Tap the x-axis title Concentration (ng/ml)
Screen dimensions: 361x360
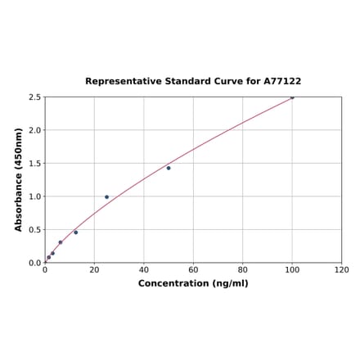pos(193,283)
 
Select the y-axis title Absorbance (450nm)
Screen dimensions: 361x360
pos(19,179)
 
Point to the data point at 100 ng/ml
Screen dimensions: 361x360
pos(292,97)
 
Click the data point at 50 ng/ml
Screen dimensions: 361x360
pos(169,168)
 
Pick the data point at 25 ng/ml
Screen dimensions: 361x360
pos(106,196)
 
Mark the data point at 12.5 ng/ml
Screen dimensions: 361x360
pos(76,232)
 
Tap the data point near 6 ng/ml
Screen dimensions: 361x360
pos(61,242)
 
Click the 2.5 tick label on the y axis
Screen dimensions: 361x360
pos(34,97)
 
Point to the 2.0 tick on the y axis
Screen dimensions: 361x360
pos(34,130)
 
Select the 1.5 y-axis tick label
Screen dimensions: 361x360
pos(34,164)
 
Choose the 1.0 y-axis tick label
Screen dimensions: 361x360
pos(34,196)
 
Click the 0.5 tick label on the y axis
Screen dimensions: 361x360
pos(34,230)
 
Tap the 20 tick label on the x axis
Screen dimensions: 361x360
pos(94,269)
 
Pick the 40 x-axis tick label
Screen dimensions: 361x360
pos(144,269)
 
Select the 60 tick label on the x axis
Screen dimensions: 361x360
pos(193,269)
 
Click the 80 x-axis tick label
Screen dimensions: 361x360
pos(243,269)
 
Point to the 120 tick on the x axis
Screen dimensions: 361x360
pos(342,269)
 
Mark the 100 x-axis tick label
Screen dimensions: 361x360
pos(292,269)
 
